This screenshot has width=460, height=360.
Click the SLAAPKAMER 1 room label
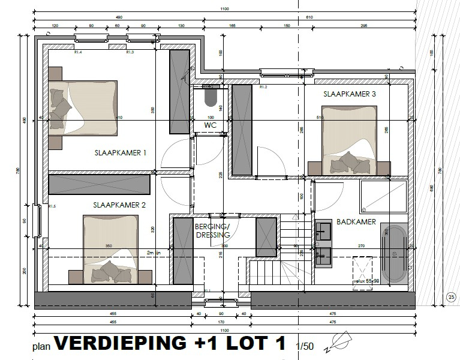(121, 153)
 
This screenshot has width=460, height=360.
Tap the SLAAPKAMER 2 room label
(119, 205)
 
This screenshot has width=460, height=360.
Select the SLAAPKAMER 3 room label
(350, 94)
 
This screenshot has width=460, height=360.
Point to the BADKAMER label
(356, 221)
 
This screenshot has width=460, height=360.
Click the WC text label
(210, 125)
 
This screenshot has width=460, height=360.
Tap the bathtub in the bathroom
(394, 254)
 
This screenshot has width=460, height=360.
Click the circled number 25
(450, 296)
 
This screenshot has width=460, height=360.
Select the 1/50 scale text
(305, 346)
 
